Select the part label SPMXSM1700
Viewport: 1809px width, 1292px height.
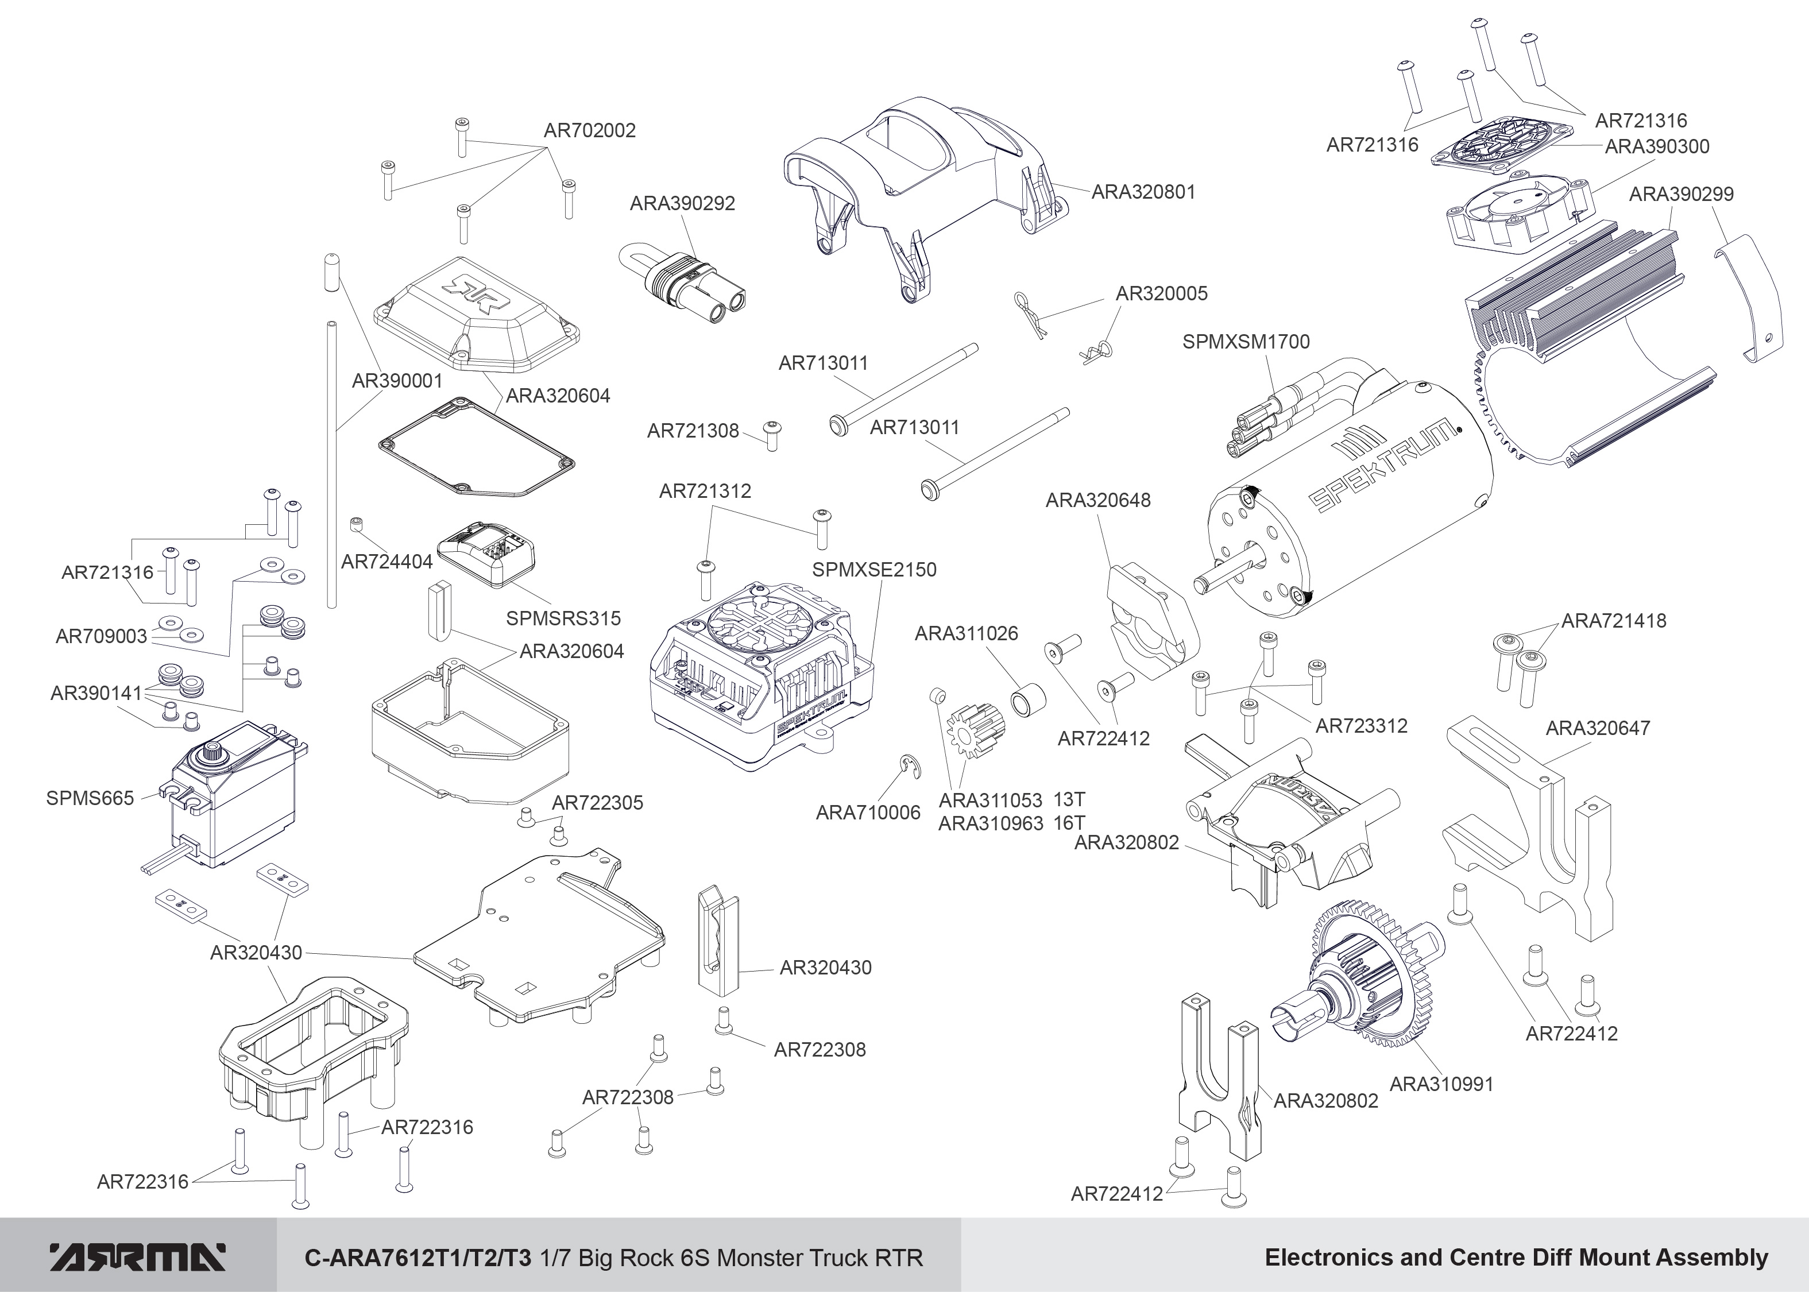pos(1246,342)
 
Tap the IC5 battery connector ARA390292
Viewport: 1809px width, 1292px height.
pos(688,287)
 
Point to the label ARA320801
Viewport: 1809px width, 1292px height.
pos(1143,192)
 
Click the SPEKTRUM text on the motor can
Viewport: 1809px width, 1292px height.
pos(1384,469)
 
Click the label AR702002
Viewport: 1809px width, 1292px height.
pos(589,130)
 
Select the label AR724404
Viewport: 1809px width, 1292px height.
pos(386,562)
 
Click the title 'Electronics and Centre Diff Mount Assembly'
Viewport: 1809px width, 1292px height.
pos(1516,1258)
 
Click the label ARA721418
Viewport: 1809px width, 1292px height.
pos(1613,621)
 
